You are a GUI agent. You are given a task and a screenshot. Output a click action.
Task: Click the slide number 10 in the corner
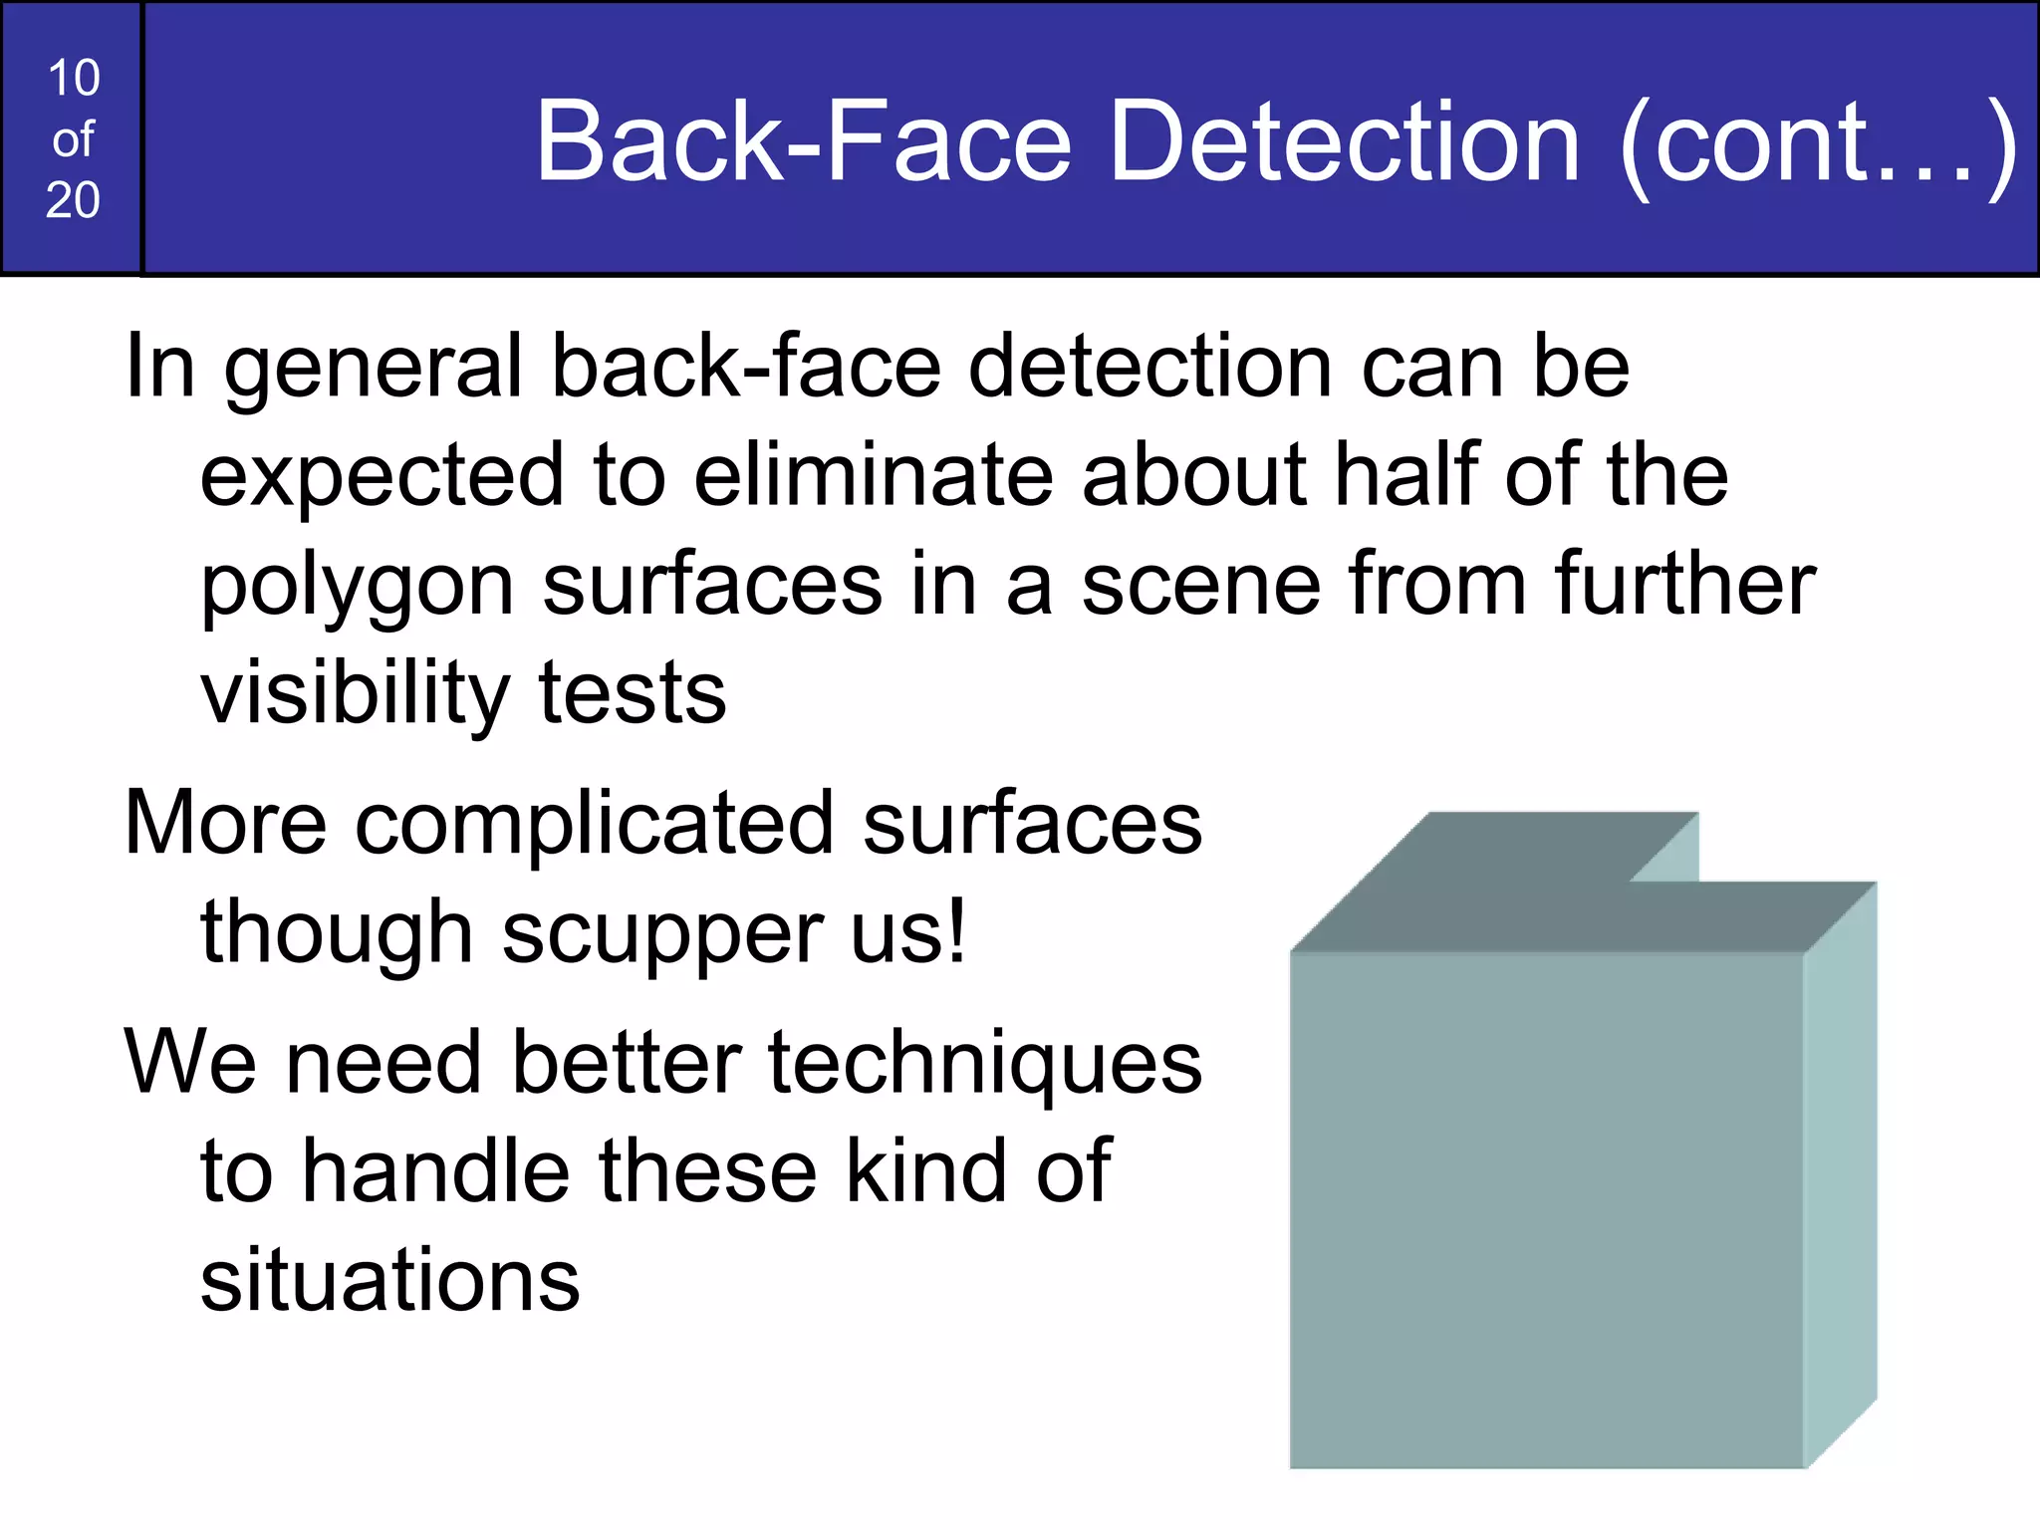(73, 78)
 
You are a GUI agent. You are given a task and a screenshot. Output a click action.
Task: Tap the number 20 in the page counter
(73, 200)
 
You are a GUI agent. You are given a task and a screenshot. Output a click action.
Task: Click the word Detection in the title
(1344, 141)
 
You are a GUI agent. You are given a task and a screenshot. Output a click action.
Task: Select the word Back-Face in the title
(804, 141)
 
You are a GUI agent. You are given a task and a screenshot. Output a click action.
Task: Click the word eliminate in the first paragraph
(873, 475)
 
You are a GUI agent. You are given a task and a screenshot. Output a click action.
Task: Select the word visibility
(356, 693)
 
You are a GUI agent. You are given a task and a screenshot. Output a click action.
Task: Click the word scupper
(661, 934)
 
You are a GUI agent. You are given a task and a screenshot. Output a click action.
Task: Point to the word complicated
(594, 825)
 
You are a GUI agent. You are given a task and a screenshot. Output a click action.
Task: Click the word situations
(389, 1280)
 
